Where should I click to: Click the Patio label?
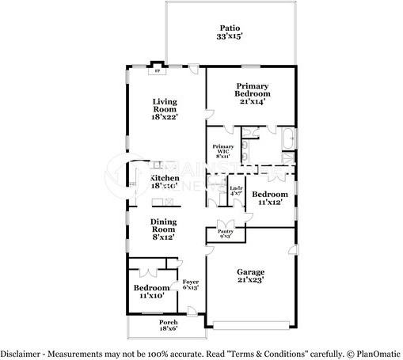pos(230,27)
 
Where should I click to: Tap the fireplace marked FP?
pos(156,69)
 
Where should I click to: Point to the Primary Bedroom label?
pos(252,89)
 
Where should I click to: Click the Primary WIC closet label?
pos(222,150)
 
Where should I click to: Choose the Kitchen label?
pos(165,179)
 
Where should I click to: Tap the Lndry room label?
pos(236,190)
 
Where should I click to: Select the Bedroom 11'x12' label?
pos(269,194)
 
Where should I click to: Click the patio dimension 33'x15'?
pos(230,36)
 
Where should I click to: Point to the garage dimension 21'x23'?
pos(250,279)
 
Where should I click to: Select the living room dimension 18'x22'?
pos(165,116)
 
